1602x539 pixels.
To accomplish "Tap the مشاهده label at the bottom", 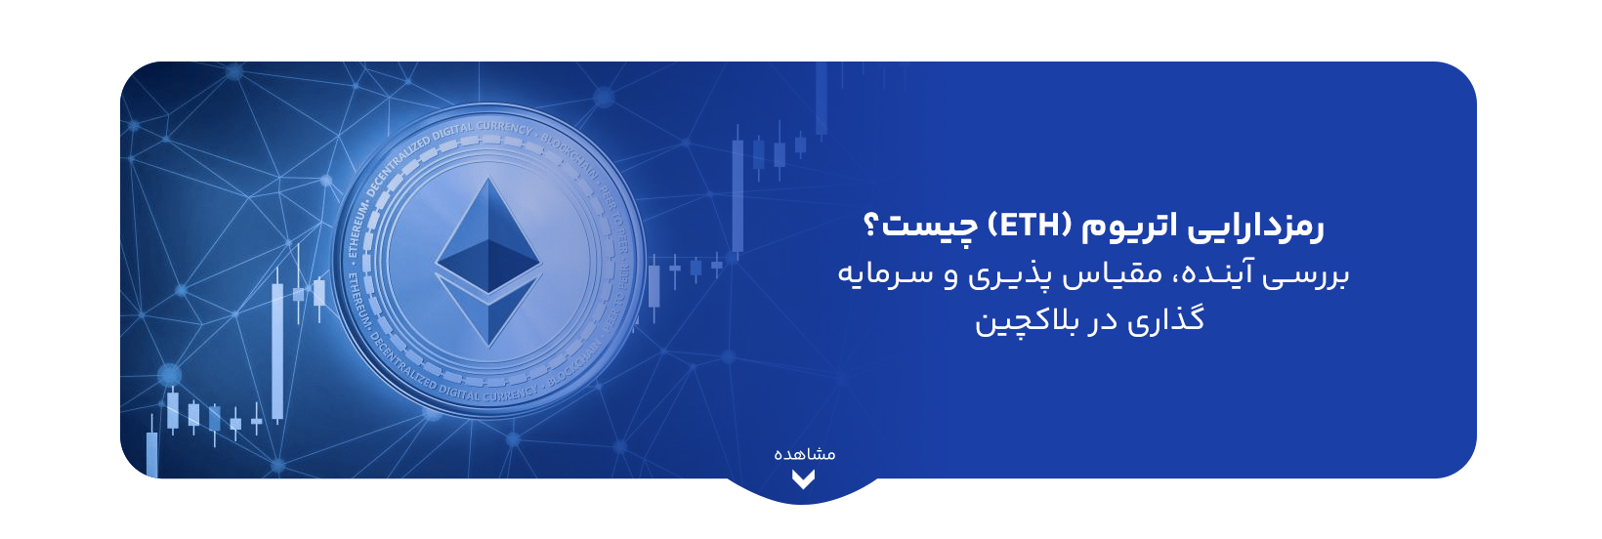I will pos(804,454).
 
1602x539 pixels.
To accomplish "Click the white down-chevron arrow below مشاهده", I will pos(803,479).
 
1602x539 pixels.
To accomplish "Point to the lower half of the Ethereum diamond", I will pos(487,308).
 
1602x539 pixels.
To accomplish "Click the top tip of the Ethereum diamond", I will pos(487,181).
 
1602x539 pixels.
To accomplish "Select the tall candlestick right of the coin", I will pos(738,195).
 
